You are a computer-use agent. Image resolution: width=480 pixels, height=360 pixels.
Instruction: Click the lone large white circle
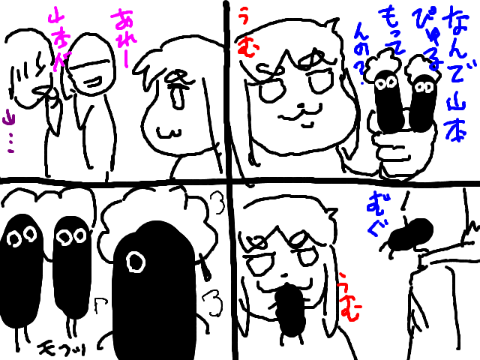pyautogui.click(x=136, y=262)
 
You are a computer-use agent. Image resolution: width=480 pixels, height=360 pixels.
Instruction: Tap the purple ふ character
pyautogui.click(x=9, y=117)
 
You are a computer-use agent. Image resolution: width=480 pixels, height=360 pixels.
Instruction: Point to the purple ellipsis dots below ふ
pyautogui.click(x=10, y=142)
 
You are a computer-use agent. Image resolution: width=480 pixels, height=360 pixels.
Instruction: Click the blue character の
pyautogui.click(x=361, y=49)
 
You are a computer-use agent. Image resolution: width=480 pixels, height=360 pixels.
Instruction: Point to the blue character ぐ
pyautogui.click(x=376, y=226)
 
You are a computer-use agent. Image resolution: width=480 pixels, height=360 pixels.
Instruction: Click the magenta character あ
pyautogui.click(x=123, y=18)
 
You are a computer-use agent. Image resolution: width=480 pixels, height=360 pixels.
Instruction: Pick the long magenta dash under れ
pyautogui.click(x=126, y=59)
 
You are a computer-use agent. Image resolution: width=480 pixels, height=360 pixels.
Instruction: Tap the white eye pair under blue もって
pyautogui.click(x=385, y=82)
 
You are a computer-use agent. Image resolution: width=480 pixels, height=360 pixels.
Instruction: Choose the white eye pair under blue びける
pyautogui.click(x=424, y=87)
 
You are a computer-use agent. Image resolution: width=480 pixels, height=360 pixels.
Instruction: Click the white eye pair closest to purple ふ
pyautogui.click(x=22, y=236)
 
